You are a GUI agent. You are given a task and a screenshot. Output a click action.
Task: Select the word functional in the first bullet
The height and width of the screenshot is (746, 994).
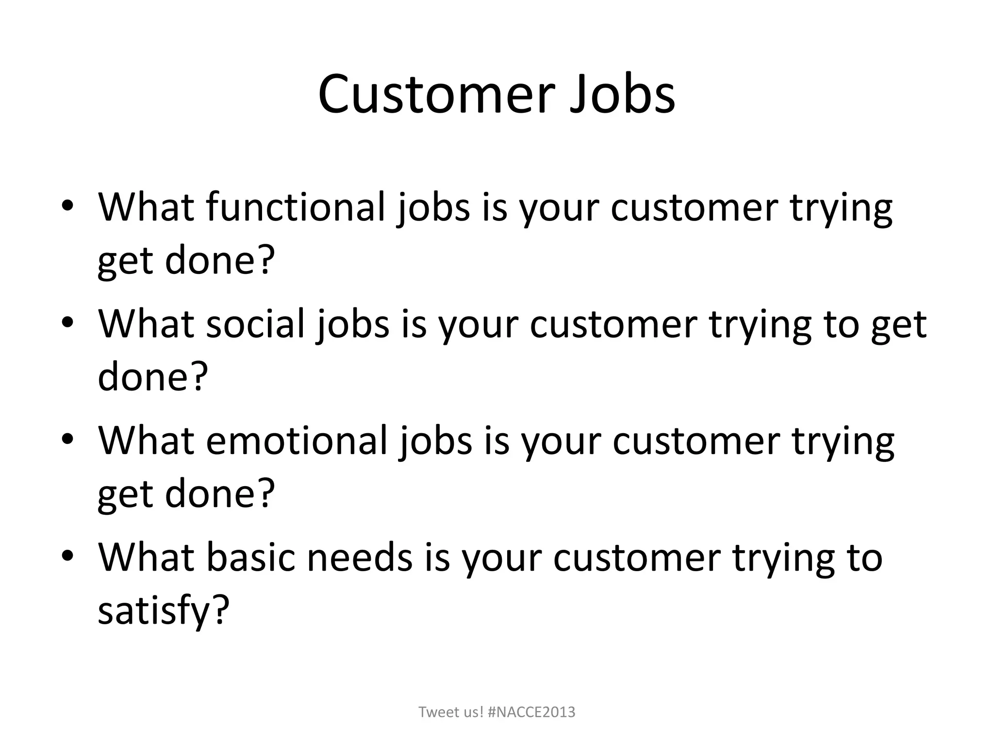[x=296, y=208]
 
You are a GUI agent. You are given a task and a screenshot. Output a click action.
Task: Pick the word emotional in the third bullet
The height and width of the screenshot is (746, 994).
[x=297, y=441]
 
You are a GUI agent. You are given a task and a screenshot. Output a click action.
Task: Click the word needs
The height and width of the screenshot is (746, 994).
[x=360, y=557]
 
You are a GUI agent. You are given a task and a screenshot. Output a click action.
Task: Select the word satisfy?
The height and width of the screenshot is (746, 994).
[x=163, y=611]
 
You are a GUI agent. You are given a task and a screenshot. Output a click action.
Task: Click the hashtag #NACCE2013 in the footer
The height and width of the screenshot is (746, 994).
[x=531, y=712]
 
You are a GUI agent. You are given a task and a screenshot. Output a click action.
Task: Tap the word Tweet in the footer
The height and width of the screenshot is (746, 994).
[x=435, y=712]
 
